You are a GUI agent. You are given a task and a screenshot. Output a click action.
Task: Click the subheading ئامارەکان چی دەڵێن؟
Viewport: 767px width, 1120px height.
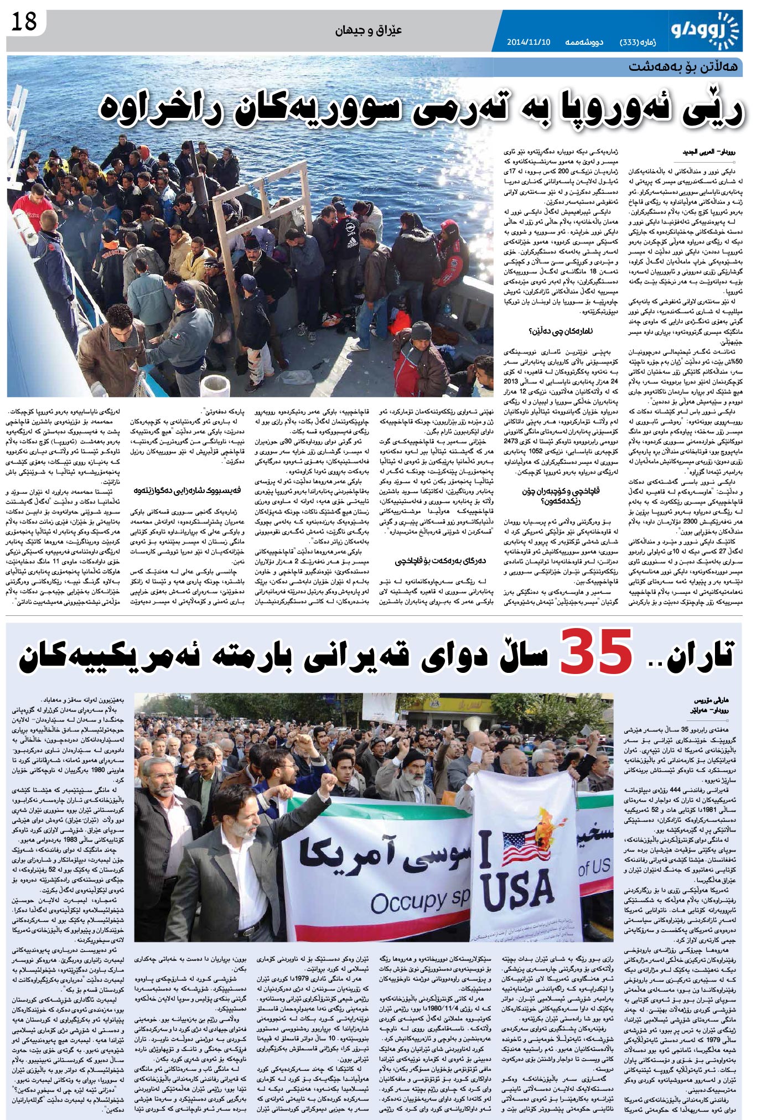click(559, 331)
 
